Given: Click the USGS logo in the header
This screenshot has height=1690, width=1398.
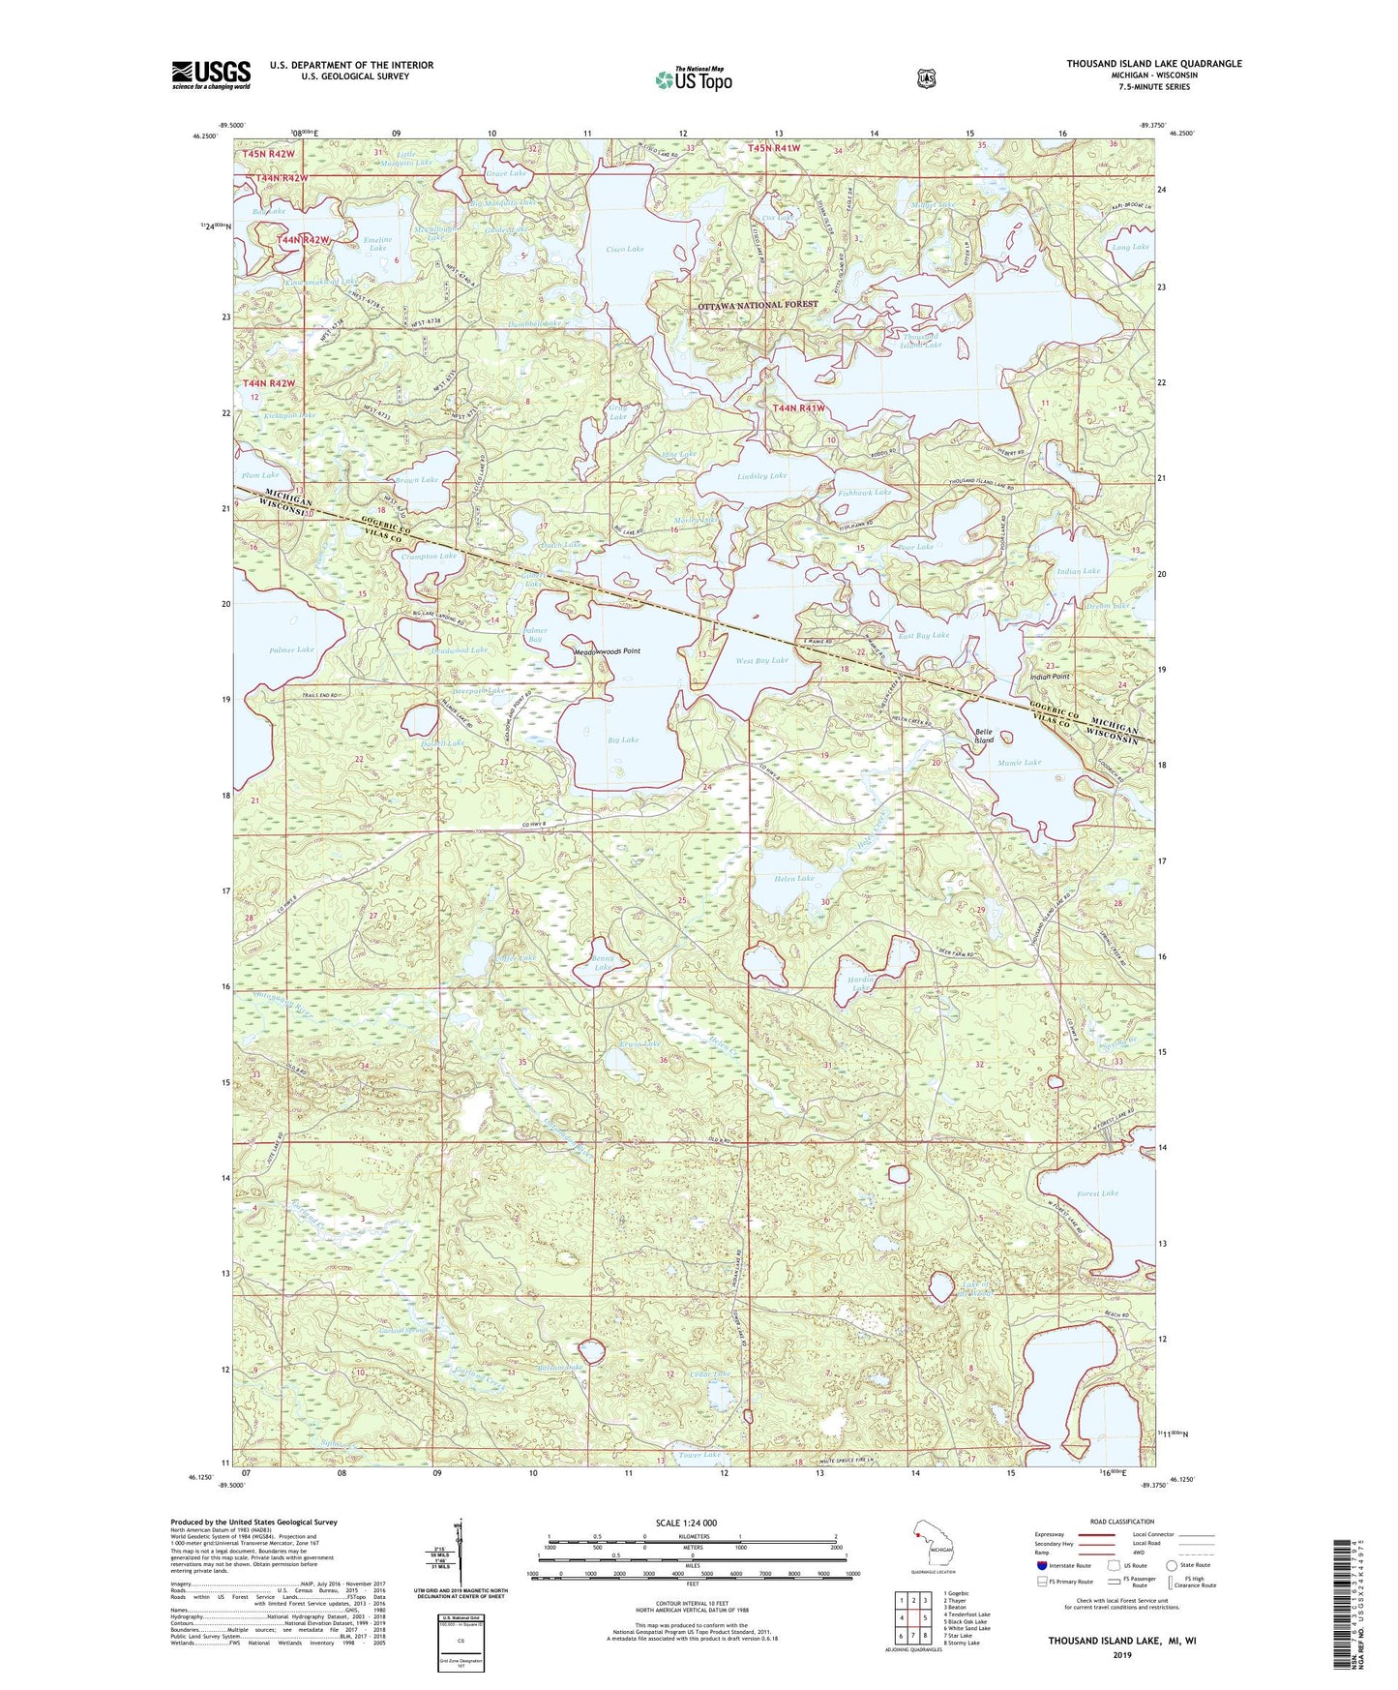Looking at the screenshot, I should [211, 75].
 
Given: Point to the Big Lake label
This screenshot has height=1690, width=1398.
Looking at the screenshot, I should [623, 739].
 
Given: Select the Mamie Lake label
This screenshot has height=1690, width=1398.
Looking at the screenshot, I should [1019, 763].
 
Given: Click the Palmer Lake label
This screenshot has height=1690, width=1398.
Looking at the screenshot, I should [291, 650].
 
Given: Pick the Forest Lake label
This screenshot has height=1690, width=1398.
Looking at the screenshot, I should [1096, 1193].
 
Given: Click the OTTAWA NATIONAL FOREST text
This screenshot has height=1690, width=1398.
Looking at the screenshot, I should [758, 305].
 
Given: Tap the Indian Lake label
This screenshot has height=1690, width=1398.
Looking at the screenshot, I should [1078, 571].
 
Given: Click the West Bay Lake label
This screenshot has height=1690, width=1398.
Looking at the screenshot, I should [761, 660].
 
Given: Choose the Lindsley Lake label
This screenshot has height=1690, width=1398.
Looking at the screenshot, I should [761, 476].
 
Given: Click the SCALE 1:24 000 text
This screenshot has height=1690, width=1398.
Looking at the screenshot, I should [686, 1523].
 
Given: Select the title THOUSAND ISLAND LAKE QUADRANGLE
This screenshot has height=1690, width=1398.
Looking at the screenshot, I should [1153, 64].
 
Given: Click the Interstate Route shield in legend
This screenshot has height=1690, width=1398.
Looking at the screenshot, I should [1041, 1564].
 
